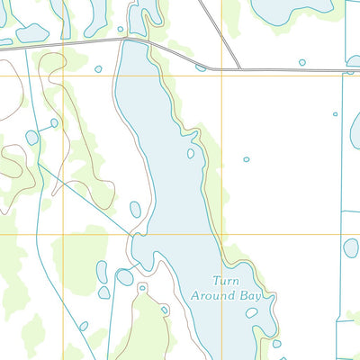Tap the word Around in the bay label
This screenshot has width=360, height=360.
coord(210,294)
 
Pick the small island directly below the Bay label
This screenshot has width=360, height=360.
coord(252,313)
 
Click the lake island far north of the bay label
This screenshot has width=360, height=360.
coord(191,154)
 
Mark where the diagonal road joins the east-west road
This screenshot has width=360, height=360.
coord(240,68)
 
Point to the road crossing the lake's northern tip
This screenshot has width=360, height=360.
coord(135,40)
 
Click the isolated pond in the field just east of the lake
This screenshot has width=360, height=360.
coord(247,159)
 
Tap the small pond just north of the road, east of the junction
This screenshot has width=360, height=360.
coord(301,62)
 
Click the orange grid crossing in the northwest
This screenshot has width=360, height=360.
coord(64,75)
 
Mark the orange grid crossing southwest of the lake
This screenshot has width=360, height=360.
coord(64,235)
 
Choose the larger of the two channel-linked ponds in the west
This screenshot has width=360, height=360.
coord(32,138)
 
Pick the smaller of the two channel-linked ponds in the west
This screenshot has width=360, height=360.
coord(54,122)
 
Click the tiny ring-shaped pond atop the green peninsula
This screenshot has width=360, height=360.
coord(142,288)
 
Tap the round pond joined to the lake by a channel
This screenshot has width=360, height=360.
coord(125,277)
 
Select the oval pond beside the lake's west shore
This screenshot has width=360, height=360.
coord(135,210)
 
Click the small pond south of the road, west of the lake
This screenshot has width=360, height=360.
coord(98,69)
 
